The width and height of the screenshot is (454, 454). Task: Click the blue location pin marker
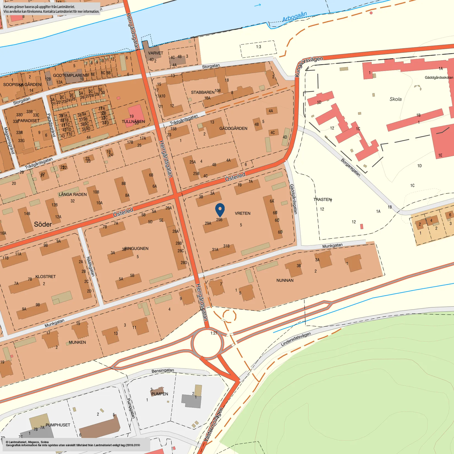point(220,210)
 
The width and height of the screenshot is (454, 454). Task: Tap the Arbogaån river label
point(294,17)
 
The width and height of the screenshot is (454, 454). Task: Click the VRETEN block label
point(242,213)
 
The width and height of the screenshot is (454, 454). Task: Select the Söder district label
point(43,224)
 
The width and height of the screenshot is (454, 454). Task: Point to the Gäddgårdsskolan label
point(439,78)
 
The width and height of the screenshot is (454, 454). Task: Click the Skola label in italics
point(395,99)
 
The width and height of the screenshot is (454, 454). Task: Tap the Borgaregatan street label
point(350,167)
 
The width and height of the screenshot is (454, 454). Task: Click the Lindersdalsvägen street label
point(296,339)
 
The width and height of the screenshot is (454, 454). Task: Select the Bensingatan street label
point(163,371)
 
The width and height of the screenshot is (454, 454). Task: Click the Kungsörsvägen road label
point(308,66)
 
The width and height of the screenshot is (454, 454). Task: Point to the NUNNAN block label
point(285,280)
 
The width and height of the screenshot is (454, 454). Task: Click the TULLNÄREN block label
point(133,122)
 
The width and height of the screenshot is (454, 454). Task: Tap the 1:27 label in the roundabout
point(214,333)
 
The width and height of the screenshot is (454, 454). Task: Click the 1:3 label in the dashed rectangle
point(258,47)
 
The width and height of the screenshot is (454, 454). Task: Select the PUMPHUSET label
point(58,425)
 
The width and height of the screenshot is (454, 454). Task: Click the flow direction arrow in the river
point(258,5)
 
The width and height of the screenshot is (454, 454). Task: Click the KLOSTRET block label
point(45,277)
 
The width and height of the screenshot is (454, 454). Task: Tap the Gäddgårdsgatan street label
point(293,199)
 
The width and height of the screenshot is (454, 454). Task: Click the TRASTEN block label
point(322,199)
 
